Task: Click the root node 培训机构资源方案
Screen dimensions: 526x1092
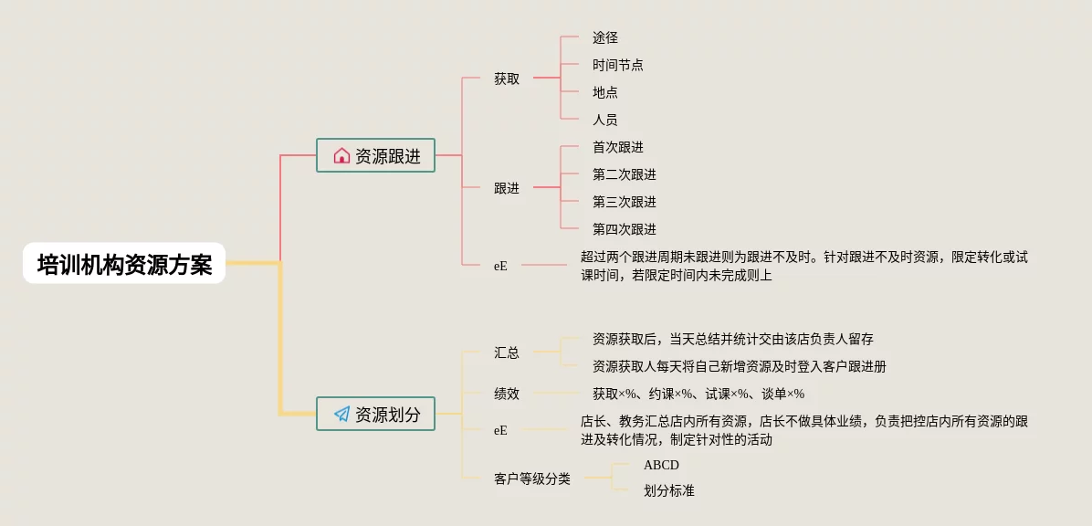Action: pyautogui.click(x=124, y=264)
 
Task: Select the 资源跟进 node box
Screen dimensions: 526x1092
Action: pyautogui.click(x=375, y=155)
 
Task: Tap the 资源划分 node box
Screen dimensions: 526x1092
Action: pyautogui.click(x=375, y=414)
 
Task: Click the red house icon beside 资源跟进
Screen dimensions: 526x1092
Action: pyautogui.click(x=341, y=155)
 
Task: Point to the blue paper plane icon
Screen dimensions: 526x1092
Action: pyautogui.click(x=341, y=414)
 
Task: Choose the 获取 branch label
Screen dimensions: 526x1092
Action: pyautogui.click(x=507, y=79)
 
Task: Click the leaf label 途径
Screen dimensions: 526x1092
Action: pyautogui.click(x=604, y=37)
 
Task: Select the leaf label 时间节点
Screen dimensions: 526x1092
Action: pyautogui.click(x=617, y=65)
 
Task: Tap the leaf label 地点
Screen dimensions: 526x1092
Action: pyautogui.click(x=604, y=92)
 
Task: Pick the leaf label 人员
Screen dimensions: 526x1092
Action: pyautogui.click(x=604, y=120)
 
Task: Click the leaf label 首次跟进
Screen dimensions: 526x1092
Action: pyautogui.click(x=617, y=147)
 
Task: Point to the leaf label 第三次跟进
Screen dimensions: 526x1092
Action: pyautogui.click(x=624, y=202)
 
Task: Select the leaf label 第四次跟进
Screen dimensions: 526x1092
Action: pyautogui.click(x=624, y=229)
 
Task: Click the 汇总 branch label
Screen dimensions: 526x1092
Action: pyautogui.click(x=507, y=352)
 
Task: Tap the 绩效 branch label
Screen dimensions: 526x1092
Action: pyautogui.click(x=507, y=394)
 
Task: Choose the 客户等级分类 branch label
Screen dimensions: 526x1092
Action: pyautogui.click(x=532, y=478)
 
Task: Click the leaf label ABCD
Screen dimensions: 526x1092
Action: pyautogui.click(x=661, y=465)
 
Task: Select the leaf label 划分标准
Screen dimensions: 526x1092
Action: pyautogui.click(x=668, y=490)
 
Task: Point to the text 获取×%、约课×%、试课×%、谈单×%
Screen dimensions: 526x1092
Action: pyautogui.click(x=698, y=394)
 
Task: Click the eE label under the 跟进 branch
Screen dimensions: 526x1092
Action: pyautogui.click(x=500, y=266)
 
